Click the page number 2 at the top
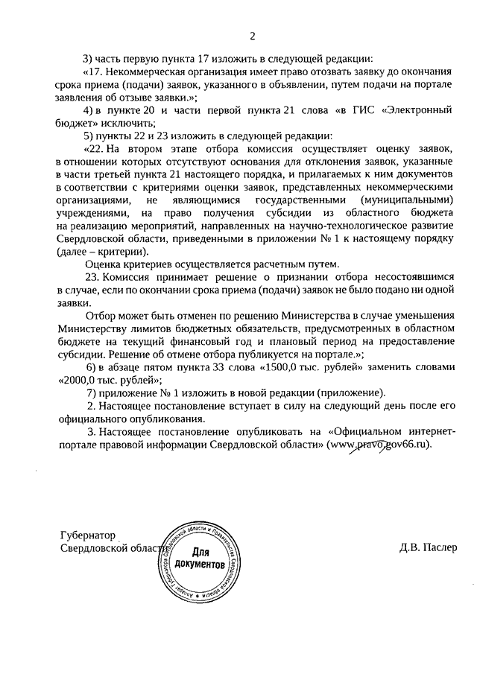(x=252, y=35)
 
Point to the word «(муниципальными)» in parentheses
(x=407, y=200)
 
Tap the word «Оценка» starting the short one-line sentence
(x=104, y=264)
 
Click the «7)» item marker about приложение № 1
(x=93, y=392)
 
